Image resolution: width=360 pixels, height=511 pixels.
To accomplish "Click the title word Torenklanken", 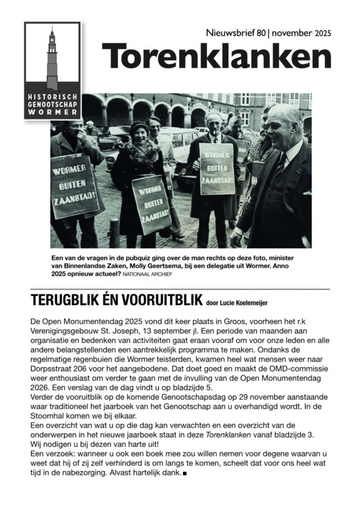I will (217, 56).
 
